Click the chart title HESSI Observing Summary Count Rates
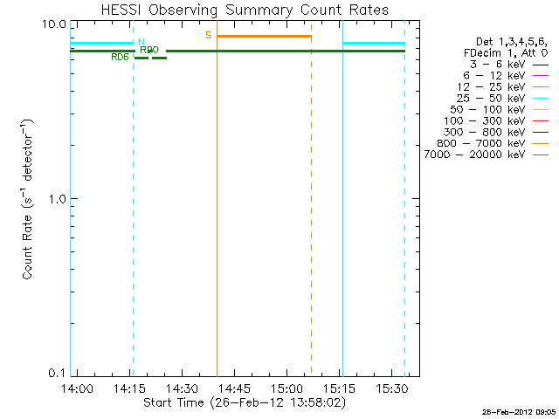pyautogui.click(x=245, y=10)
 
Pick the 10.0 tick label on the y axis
pyautogui.click(x=56, y=24)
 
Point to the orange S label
pyautogui.click(x=208, y=35)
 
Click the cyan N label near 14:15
pyautogui.click(x=141, y=41)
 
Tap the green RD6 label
pyautogui.click(x=121, y=58)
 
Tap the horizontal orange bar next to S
pyautogui.click(x=264, y=36)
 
